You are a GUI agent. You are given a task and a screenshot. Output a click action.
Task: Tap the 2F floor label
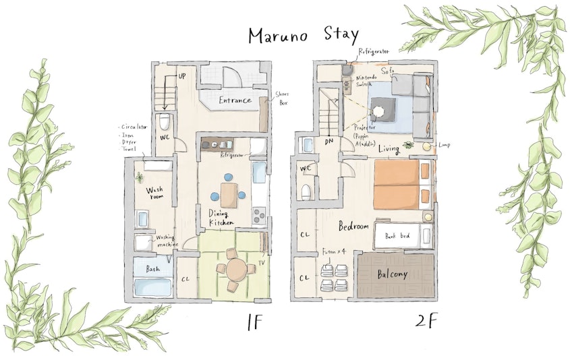(x=426, y=321)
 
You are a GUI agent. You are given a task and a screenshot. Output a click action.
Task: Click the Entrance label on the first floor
(x=235, y=100)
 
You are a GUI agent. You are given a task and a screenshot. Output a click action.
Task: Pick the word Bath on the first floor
(x=153, y=268)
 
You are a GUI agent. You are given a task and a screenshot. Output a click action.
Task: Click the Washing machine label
(x=167, y=241)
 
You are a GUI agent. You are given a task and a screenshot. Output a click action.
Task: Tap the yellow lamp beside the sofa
(x=426, y=146)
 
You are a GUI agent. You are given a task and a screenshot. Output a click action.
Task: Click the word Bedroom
(x=353, y=226)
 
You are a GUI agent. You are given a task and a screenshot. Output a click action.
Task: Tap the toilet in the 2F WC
(x=306, y=192)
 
